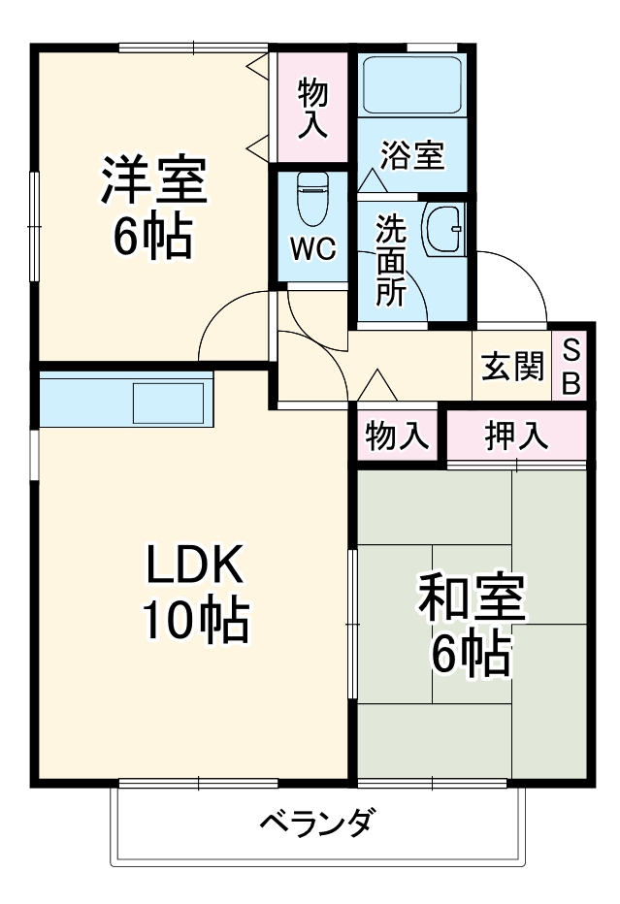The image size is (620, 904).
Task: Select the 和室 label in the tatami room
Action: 472,601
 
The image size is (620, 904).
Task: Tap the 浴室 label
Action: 411,155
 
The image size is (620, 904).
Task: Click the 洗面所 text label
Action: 391,260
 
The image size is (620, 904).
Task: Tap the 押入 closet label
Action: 516,436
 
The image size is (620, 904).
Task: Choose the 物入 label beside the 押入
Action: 397,436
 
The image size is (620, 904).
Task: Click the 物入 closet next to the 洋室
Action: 311,107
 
